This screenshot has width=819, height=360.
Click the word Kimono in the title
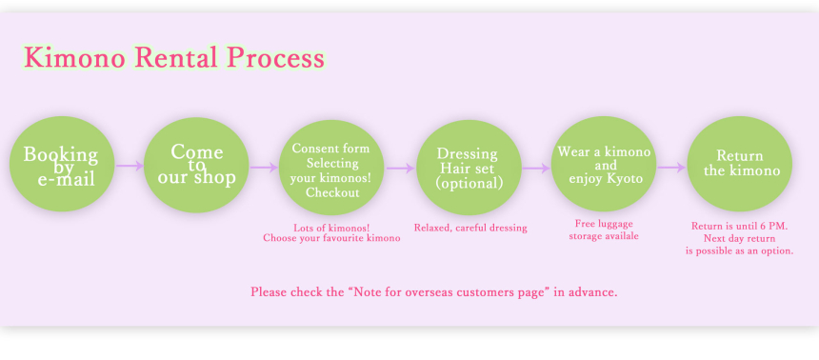pos(74,57)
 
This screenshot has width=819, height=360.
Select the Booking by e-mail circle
pos(62,164)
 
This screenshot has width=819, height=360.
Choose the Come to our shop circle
pos(196,165)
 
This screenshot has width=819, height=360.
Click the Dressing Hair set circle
pos(469,168)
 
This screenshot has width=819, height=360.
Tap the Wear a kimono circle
pos(604,164)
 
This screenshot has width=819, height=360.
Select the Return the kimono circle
pos(740,164)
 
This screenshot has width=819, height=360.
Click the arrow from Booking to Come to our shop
pos(130,166)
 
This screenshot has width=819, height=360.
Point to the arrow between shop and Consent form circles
pos(265,168)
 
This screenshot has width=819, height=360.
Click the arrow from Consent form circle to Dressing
pos(401,169)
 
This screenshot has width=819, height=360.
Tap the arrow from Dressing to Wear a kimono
pos(536,169)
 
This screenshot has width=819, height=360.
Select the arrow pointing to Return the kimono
pos(671,168)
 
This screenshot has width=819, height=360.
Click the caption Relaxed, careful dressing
pos(470,228)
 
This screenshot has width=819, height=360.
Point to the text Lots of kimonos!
pos(331,228)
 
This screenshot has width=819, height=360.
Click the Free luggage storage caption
pos(604,230)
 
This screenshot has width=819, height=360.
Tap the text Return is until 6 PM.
pos(740,227)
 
